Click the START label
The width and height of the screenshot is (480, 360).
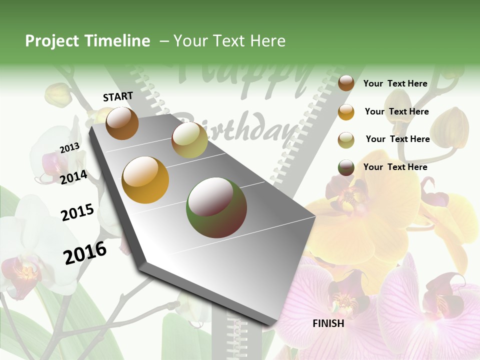pyautogui.click(x=118, y=96)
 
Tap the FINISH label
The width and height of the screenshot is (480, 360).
pyautogui.click(x=328, y=323)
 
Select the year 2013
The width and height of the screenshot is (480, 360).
pyautogui.click(x=69, y=148)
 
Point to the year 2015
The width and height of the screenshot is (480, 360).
pyautogui.click(x=77, y=212)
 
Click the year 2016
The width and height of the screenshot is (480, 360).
pyautogui.click(x=85, y=253)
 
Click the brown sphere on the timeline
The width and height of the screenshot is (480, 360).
pyautogui.click(x=122, y=123)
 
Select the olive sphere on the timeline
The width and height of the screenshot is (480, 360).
pyautogui.click(x=189, y=140)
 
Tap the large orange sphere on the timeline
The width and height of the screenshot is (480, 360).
pyautogui.click(x=145, y=180)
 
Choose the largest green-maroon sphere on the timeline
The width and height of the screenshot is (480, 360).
pyautogui.click(x=216, y=207)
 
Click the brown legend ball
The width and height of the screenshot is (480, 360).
pyautogui.click(x=346, y=83)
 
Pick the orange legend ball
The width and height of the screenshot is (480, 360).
pyautogui.click(x=346, y=111)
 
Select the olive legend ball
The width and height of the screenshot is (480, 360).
pyautogui.click(x=346, y=139)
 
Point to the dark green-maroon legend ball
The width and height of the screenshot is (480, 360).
pyautogui.click(x=346, y=167)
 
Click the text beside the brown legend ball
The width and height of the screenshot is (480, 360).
pyautogui.click(x=395, y=83)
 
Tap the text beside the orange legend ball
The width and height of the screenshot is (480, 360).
pyautogui.click(x=396, y=111)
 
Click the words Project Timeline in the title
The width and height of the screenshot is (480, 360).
pyautogui.click(x=87, y=41)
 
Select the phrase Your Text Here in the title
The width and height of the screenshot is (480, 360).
pyautogui.click(x=229, y=41)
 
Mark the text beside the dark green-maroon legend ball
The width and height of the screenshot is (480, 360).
pyautogui.click(x=395, y=167)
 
